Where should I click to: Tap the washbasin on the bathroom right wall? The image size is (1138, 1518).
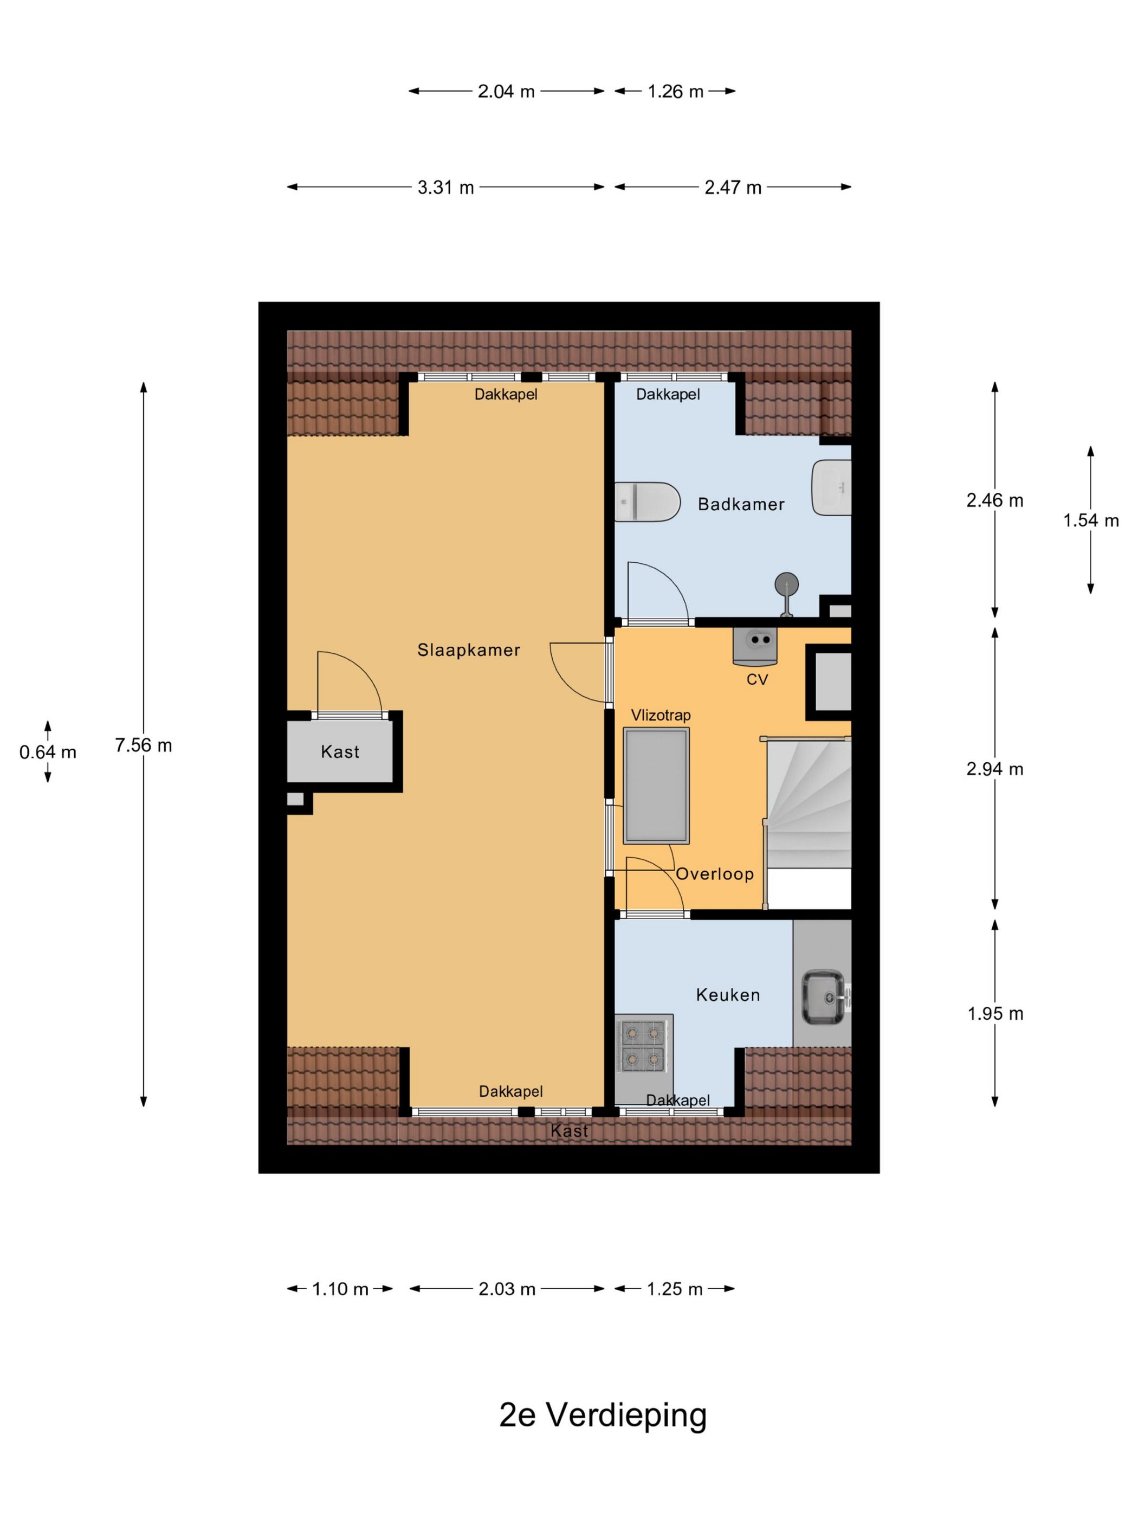point(832,487)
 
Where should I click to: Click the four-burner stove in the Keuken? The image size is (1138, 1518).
point(643,1046)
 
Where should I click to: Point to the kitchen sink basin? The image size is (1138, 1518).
point(823,996)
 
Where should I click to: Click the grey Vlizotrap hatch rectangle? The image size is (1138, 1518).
point(656,786)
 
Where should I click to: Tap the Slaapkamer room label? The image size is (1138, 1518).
point(469,650)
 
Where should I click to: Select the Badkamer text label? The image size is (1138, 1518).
point(741,504)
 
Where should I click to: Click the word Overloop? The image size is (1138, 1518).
point(715,873)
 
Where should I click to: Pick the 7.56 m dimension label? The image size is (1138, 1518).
point(144,745)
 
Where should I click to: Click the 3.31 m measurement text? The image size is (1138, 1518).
point(446,188)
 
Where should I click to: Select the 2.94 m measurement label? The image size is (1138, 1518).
point(994,769)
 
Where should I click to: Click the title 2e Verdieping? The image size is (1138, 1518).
point(602,1414)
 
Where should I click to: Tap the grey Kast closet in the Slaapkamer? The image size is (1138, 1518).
point(340,752)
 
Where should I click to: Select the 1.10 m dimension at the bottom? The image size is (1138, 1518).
point(340,1289)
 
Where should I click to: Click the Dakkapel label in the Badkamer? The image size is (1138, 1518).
point(668,395)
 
